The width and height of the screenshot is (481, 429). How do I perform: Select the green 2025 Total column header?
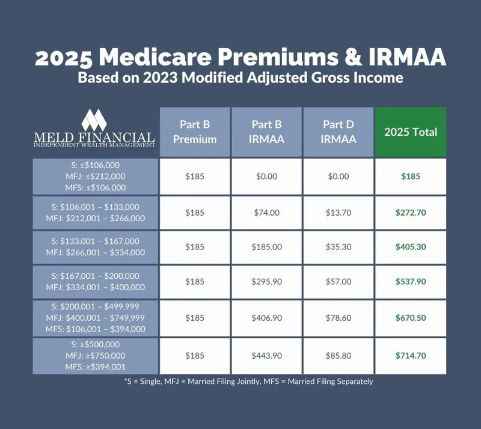coord(411,132)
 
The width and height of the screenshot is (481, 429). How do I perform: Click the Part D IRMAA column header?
coord(339,132)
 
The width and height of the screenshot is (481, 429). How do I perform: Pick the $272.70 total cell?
coord(411,213)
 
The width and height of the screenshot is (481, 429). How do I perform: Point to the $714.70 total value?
coord(411,356)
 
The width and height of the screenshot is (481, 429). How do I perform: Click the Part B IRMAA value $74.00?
coord(267,213)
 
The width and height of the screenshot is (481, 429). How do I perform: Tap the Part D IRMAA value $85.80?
coord(339,356)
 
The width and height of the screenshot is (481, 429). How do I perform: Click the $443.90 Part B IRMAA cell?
coord(267,356)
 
